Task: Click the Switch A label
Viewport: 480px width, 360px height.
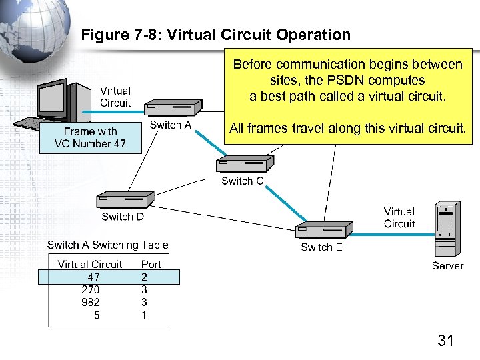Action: (x=171, y=125)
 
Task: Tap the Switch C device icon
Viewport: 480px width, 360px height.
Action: (x=239, y=164)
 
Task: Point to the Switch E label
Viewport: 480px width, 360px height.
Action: (x=321, y=247)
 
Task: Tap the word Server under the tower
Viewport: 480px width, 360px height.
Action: (x=447, y=266)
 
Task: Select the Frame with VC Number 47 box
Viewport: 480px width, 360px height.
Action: (x=90, y=138)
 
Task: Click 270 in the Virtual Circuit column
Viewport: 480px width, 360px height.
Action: (x=91, y=289)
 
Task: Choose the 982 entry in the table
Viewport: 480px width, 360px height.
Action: (x=91, y=302)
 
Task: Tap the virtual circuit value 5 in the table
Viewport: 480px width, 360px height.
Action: (x=97, y=315)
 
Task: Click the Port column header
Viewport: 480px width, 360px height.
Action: (x=151, y=264)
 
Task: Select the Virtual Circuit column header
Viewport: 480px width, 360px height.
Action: (x=90, y=264)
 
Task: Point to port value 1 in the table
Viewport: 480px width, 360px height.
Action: (x=144, y=315)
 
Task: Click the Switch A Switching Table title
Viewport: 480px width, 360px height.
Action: (x=108, y=245)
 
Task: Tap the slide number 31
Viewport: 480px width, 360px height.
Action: (x=445, y=341)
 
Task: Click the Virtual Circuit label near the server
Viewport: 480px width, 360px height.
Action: (x=399, y=218)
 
